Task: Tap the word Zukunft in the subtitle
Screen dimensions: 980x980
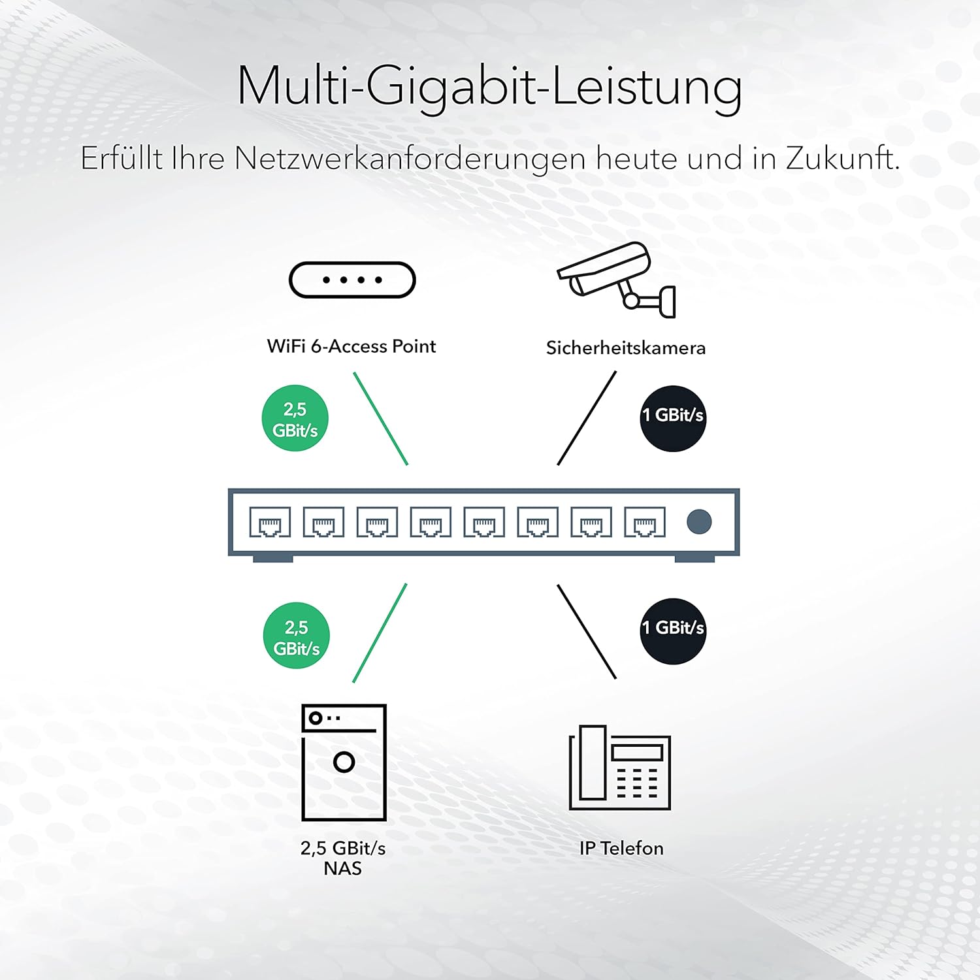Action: (843, 158)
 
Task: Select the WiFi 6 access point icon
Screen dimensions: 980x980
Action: (352, 280)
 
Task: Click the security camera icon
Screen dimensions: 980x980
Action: (615, 280)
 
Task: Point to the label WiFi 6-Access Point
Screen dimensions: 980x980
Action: (351, 346)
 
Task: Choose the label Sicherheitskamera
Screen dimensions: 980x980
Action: (626, 348)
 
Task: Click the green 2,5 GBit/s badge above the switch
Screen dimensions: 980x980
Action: (295, 418)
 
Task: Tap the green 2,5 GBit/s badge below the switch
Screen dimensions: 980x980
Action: (297, 636)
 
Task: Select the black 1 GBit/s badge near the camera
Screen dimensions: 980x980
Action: (673, 418)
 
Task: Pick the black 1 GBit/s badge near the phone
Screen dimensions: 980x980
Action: (673, 631)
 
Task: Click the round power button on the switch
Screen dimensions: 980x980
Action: (699, 521)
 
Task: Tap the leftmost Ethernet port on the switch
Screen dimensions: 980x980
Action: (270, 522)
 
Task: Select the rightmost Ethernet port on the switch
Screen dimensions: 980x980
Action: (645, 522)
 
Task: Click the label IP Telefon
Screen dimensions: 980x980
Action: (621, 848)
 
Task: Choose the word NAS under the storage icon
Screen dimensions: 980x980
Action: (343, 868)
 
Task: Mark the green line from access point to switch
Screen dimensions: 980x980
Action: (381, 419)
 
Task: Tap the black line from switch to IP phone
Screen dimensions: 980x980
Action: (587, 632)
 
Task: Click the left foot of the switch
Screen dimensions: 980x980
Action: (273, 559)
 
